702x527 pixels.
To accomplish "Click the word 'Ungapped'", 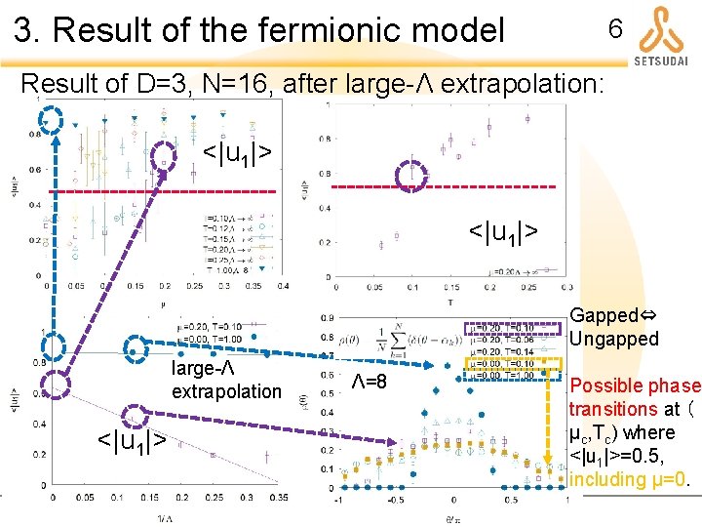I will [614, 339].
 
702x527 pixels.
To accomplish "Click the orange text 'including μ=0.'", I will [632, 479].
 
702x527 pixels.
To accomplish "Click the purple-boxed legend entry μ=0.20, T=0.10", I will [503, 327].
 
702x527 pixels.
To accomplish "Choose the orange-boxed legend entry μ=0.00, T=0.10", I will [503, 364].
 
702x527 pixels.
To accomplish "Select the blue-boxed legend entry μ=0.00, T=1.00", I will [503, 376].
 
